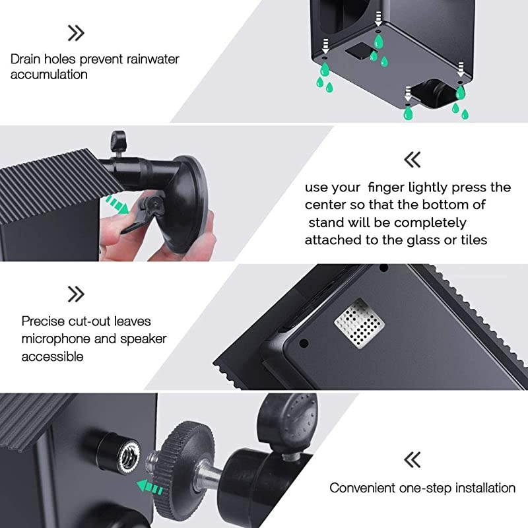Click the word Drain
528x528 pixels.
click(x=25, y=59)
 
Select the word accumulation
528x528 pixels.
click(x=49, y=74)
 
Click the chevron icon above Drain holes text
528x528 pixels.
click(x=76, y=32)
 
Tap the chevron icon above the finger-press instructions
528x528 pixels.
click(x=412, y=159)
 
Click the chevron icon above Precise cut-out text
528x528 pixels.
click(x=76, y=294)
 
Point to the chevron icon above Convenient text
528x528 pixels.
click(x=412, y=459)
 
